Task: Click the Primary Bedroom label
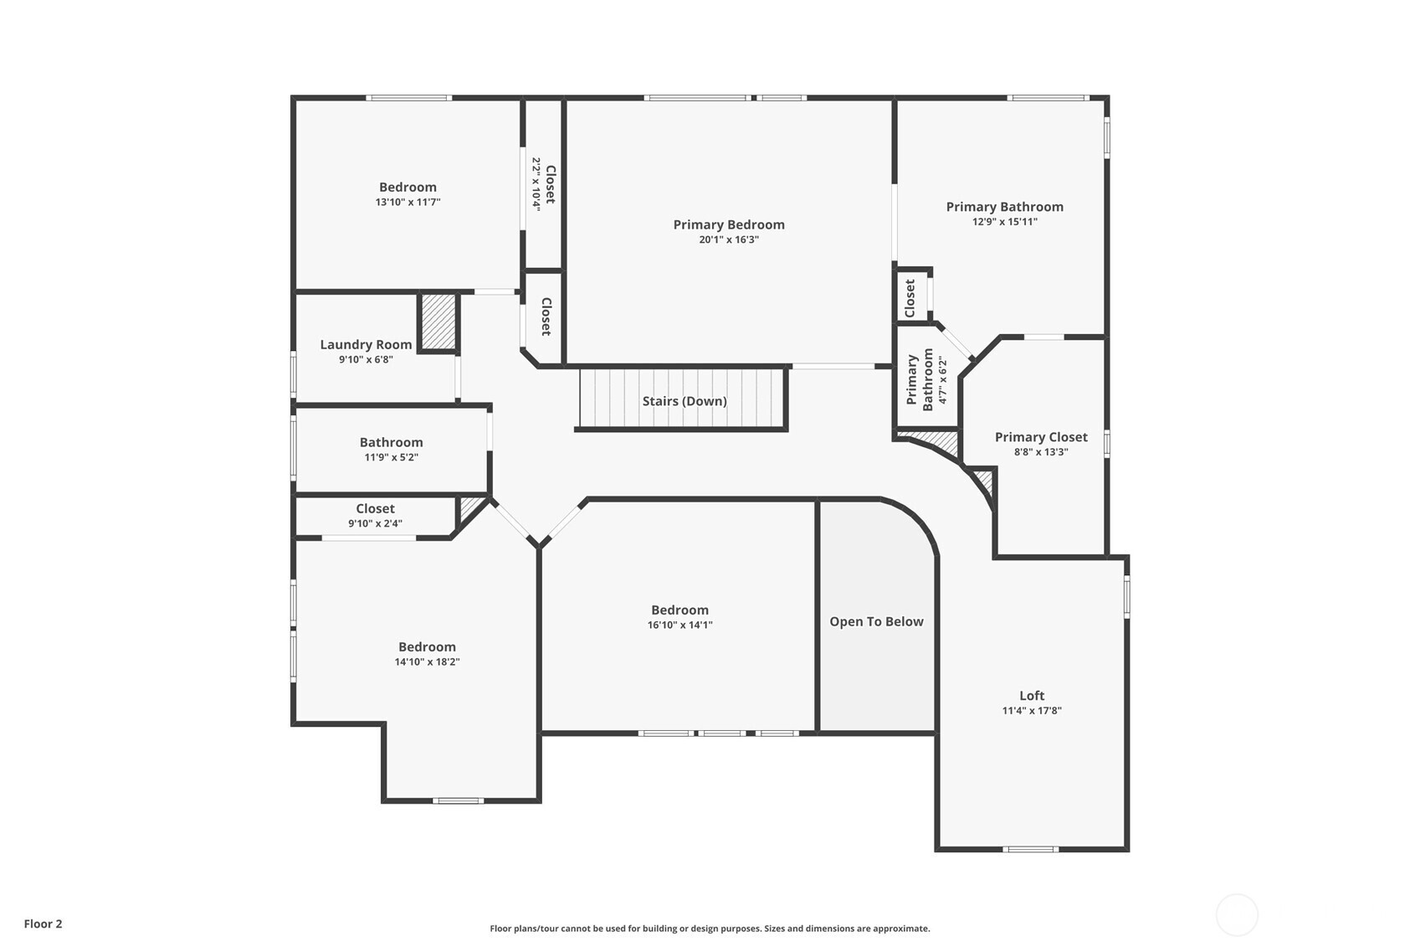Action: coord(728,224)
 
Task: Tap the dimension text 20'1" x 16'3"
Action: coord(728,239)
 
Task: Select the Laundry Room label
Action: coord(366,344)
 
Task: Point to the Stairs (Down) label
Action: coord(684,401)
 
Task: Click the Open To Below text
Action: coord(876,621)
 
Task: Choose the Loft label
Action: coord(1032,695)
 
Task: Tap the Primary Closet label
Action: coord(1041,437)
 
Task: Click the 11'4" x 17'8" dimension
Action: coord(1032,710)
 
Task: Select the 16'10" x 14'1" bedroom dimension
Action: coord(679,625)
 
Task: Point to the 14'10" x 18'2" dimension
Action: coord(427,661)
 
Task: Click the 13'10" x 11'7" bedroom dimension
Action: coord(408,203)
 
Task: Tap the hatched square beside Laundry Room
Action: coord(438,322)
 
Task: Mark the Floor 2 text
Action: coord(44,924)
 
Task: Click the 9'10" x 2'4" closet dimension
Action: coord(375,523)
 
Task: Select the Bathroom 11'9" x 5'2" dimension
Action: coord(391,457)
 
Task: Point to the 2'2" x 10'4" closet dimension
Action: coord(536,184)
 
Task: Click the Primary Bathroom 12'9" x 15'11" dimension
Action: coord(1005,222)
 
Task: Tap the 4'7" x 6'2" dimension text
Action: coord(943,380)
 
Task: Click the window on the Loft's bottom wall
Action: coord(1030,849)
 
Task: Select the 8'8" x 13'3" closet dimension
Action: coord(1041,452)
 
